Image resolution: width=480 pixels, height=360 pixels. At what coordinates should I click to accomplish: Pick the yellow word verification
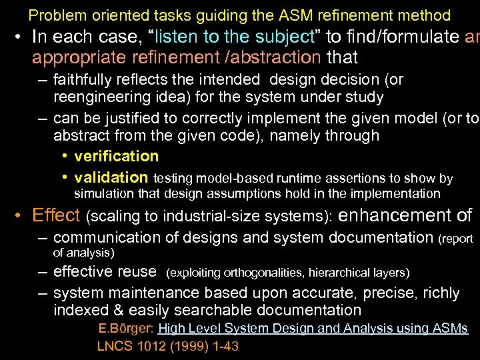(x=117, y=156)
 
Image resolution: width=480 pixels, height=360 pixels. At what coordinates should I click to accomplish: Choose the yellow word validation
(x=111, y=177)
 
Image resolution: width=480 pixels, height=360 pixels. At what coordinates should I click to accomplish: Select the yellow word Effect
(x=56, y=215)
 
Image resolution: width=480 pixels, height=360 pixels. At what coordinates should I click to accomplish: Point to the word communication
(x=103, y=237)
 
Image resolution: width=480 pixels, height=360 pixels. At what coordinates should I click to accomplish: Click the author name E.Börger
(x=125, y=329)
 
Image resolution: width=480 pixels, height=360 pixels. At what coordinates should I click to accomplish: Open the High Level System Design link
(x=313, y=329)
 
